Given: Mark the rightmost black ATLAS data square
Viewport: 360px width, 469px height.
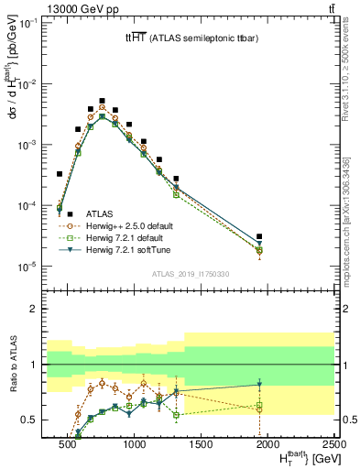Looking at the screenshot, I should (x=259, y=236).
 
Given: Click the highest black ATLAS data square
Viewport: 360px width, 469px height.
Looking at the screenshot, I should (x=102, y=101).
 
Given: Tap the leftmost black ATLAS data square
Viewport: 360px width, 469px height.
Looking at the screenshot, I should (x=60, y=173).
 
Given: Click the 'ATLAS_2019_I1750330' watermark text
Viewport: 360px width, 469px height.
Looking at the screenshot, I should (x=191, y=274).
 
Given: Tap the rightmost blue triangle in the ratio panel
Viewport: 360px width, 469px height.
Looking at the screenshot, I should (x=259, y=384).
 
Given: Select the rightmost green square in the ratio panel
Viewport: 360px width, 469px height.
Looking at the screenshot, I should (x=259, y=406).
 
